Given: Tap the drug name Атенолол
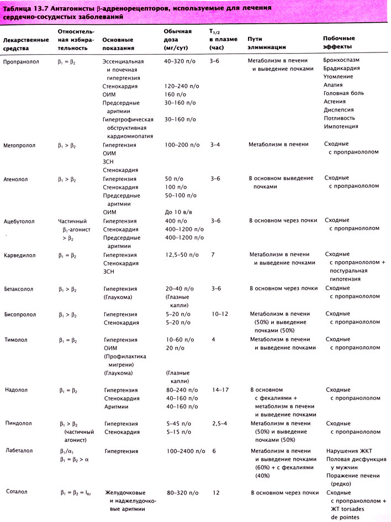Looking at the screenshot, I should coord(16,179).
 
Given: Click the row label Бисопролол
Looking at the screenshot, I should coord(20,314).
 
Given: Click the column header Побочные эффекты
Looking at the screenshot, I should coord(339,42).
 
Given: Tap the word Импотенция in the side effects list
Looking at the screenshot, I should coord(341,126).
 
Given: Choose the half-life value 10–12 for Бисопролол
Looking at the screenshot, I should coord(220,314).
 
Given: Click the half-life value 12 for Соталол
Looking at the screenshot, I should coord(215,492).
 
